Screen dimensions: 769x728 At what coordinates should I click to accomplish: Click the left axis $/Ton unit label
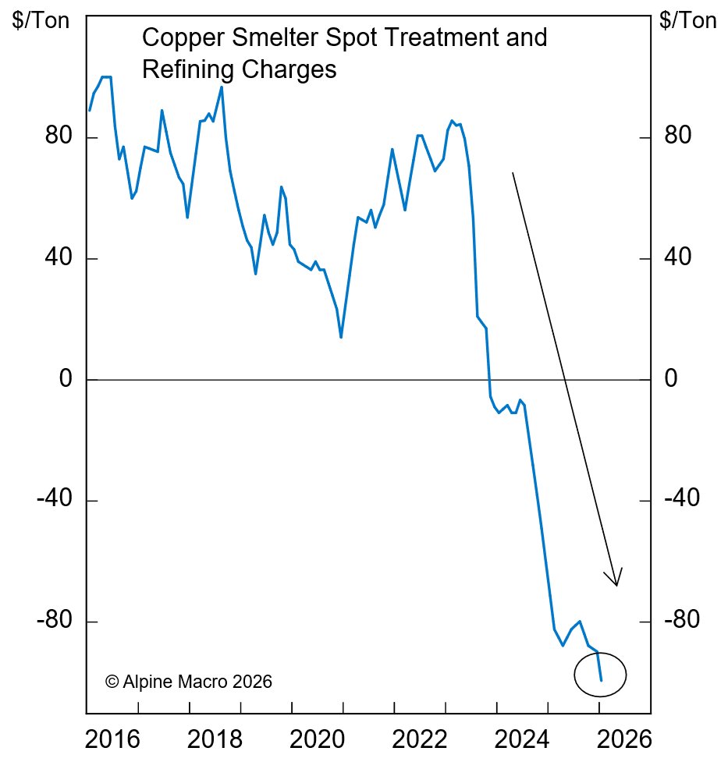click(41, 20)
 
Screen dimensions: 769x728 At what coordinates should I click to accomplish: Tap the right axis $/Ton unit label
click(687, 20)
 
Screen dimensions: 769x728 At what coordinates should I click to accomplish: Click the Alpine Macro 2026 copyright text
click(188, 682)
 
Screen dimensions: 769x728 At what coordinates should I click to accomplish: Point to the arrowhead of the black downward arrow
click(616, 582)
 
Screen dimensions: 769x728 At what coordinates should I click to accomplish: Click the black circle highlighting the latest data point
click(601, 675)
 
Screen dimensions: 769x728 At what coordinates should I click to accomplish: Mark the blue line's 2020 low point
click(341, 337)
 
